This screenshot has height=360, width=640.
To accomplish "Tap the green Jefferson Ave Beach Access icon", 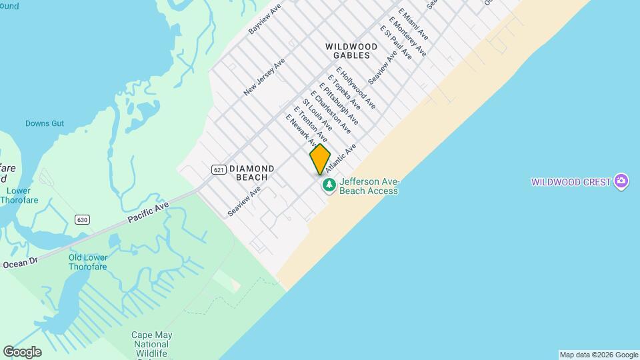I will pos(329,185).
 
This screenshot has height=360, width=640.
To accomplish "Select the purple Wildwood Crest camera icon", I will pos(622,181).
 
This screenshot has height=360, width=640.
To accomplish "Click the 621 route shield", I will pos(219,169).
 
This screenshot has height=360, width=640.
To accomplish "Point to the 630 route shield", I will pos(82,220).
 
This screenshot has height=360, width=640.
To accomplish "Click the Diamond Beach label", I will pos(251,173).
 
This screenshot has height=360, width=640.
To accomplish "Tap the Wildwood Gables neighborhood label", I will pos(351,51).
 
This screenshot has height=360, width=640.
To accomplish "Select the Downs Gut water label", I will pos(45,123).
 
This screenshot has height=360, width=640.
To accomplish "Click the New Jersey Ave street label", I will pos(264,77).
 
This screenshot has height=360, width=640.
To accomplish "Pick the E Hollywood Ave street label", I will pos(355,87).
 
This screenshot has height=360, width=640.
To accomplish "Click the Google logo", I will pos(22,352).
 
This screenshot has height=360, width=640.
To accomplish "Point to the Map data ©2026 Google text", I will pos(599,355).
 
